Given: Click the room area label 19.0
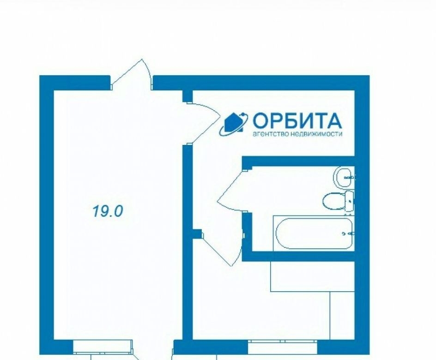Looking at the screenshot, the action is tap(107, 211).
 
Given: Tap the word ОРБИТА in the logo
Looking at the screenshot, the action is tap(297, 120).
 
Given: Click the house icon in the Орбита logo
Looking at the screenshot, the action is tap(234, 122).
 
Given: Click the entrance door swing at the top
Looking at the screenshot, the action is tap(132, 73).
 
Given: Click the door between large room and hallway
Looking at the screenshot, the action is tap(204, 122).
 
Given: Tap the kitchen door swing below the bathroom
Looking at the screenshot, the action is tap(223, 248).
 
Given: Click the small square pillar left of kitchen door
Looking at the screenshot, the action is tap(197, 234).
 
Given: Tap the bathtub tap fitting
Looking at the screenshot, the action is tap(348, 234).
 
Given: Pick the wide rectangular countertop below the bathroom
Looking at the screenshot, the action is tap(313, 276).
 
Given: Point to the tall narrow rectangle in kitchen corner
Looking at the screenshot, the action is tap(342, 316).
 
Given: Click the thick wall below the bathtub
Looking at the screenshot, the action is tap(298, 256).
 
